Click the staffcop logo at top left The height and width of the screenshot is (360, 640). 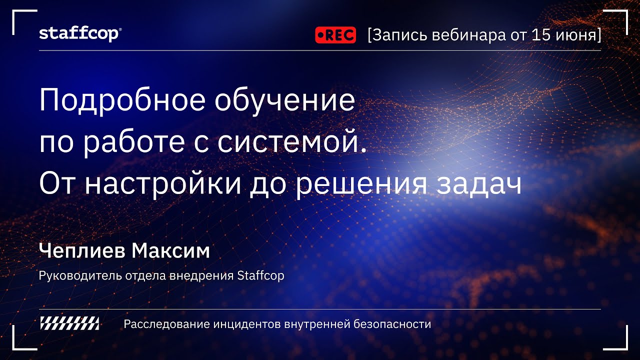pos(80,34)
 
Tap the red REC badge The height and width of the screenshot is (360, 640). pos(335,35)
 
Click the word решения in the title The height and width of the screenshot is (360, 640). pos(360,185)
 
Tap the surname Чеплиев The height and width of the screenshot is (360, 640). pos(82,251)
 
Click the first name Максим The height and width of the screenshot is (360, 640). pos(171,251)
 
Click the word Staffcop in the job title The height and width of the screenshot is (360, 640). pos(260,275)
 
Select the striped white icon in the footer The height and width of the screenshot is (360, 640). pos(69,324)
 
